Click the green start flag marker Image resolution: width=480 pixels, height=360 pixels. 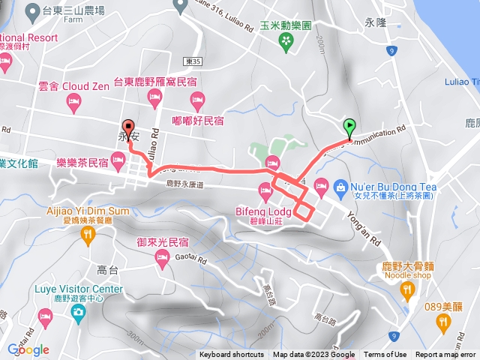click(349, 128)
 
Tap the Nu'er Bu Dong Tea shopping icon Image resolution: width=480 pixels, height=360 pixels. click(320, 184)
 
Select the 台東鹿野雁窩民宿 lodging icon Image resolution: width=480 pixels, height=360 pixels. click(155, 95)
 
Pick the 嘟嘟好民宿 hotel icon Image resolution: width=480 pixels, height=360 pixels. click(198, 97)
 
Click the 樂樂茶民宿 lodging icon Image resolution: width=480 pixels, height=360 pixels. click(118, 158)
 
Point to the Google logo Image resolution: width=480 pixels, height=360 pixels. click(28, 349)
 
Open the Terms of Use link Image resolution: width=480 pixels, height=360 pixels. click(385, 355)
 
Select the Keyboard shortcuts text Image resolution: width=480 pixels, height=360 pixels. click(232, 355)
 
